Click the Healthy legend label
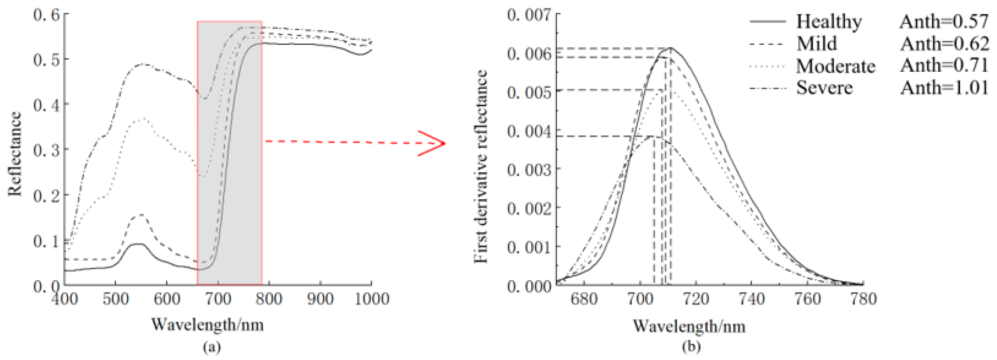pos(829,21)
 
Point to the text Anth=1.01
pos(944,88)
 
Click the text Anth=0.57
pos(944,21)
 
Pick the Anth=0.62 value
pos(944,44)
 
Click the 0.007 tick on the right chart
pos(529,15)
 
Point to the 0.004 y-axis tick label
pos(529,131)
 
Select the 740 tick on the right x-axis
pos(752,299)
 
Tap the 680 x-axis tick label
pos(584,299)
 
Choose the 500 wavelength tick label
pos(115,299)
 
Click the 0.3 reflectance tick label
pos(46,150)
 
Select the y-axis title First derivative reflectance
pos(481,166)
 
